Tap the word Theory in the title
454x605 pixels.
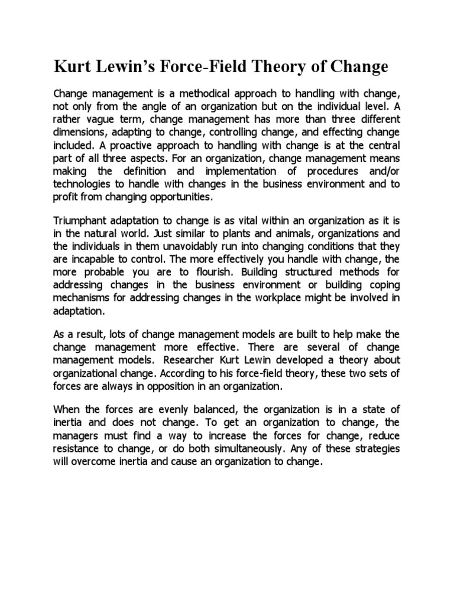click(x=289, y=67)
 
